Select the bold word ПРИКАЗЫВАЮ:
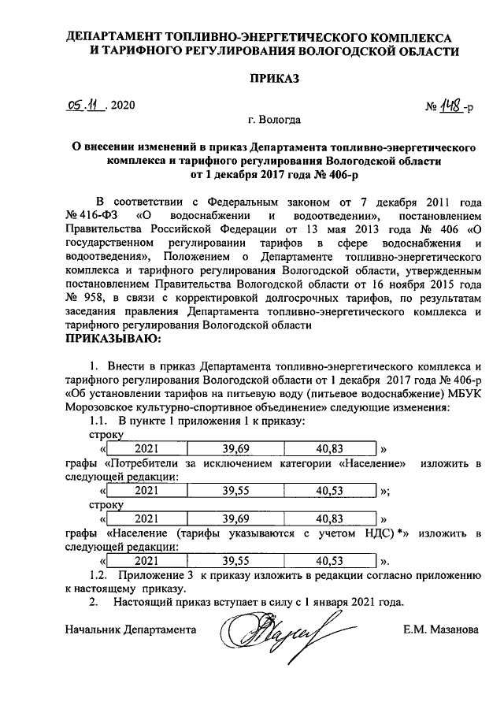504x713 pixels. click(x=112, y=339)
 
